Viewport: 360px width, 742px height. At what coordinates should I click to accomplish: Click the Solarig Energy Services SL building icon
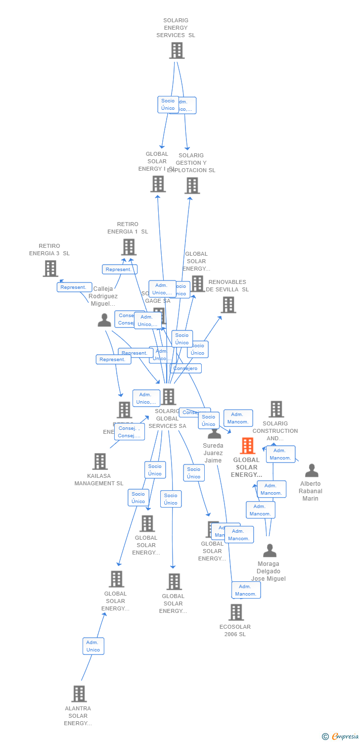(177, 50)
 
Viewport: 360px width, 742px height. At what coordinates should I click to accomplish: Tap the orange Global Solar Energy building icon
(247, 446)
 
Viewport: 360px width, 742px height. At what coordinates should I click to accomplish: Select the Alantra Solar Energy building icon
(79, 694)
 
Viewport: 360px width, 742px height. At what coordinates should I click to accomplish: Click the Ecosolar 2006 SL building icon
(236, 612)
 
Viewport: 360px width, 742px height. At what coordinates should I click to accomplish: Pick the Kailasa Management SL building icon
(100, 462)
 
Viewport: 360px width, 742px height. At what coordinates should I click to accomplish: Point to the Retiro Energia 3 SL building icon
(50, 269)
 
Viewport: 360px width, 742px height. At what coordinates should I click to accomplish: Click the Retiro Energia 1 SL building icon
(129, 247)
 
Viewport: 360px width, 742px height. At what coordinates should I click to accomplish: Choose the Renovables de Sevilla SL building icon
(228, 305)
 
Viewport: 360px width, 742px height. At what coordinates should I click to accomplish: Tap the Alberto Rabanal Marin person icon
(312, 470)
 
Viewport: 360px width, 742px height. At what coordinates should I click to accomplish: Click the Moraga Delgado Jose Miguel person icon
(270, 551)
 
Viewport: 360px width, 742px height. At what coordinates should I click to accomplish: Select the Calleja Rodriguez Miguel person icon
(104, 321)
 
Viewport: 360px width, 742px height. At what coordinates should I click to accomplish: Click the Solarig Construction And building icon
(276, 409)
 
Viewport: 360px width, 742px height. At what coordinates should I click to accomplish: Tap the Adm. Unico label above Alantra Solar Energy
(93, 646)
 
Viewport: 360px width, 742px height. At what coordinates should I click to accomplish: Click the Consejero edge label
(186, 368)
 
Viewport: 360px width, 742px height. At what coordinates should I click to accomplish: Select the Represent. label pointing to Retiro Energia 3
(74, 287)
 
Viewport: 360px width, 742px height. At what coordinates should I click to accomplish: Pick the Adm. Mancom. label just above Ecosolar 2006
(246, 590)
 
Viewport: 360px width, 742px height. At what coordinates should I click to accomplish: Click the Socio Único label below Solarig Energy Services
(168, 104)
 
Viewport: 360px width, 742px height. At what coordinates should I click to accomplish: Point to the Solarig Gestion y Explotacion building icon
(192, 185)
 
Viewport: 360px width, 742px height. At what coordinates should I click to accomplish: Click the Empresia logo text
(345, 737)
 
